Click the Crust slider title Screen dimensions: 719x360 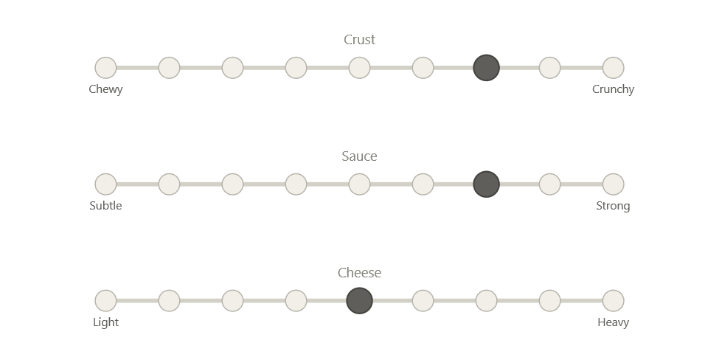coord(360,40)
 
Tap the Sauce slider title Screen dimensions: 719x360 coord(360,156)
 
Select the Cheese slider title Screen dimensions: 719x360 coord(360,273)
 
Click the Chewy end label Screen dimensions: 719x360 coord(105,89)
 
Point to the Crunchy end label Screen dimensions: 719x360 coord(614,89)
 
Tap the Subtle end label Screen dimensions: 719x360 coord(105,206)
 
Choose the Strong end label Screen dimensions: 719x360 coord(614,206)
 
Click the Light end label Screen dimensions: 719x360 coord(105,322)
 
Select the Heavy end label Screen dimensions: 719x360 coord(614,322)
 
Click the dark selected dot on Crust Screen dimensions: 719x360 coord(487,68)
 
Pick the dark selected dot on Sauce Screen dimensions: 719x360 coord(487,184)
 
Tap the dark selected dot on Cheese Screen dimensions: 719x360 coord(360,300)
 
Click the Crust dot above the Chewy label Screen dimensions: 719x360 coord(105,68)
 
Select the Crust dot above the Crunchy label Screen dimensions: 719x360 coord(614,68)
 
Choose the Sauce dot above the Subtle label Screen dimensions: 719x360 coord(105,184)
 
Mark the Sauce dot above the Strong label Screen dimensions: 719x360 coord(614,184)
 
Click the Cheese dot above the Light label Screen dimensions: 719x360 coord(105,300)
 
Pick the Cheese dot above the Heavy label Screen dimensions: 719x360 coord(614,300)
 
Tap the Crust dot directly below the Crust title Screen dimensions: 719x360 coord(360,68)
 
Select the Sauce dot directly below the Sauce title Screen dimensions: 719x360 coord(360,184)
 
